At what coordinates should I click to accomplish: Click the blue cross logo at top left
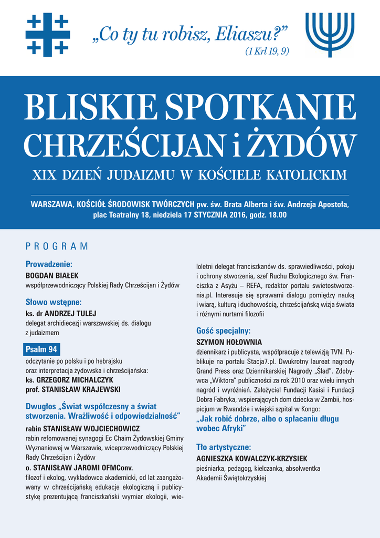[47, 34]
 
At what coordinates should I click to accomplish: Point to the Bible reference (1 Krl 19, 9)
[267, 51]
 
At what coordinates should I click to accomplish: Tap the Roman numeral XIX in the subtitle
[45, 175]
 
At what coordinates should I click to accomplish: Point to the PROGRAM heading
[57, 246]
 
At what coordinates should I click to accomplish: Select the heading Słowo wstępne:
[54, 302]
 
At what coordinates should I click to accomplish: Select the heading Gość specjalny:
[223, 331]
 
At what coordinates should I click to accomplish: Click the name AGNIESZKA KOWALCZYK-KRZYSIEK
[251, 458]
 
